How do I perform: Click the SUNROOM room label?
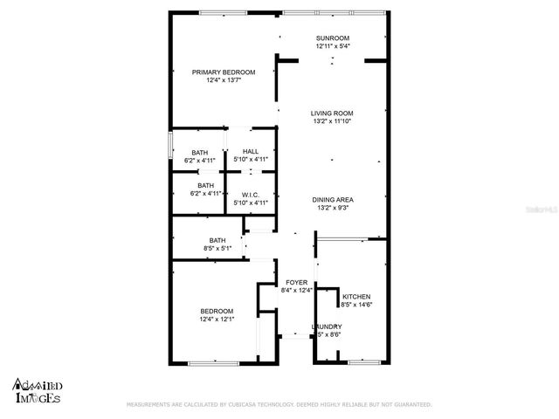click(x=333, y=38)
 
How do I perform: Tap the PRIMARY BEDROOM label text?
click(x=224, y=72)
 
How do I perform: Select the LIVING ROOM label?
click(x=332, y=113)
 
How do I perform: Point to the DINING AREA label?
click(x=333, y=200)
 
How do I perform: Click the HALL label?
click(x=251, y=152)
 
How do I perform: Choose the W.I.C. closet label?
click(x=251, y=195)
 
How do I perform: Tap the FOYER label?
click(x=297, y=283)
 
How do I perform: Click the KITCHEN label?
click(x=357, y=297)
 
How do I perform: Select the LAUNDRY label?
click(x=326, y=326)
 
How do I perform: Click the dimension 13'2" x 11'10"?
click(x=332, y=121)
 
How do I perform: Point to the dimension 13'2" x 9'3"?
click(x=333, y=209)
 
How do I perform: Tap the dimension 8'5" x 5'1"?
click(x=217, y=248)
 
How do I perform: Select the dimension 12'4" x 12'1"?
click(x=217, y=319)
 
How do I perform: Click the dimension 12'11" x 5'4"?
click(x=333, y=46)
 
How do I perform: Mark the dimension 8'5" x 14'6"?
click(x=357, y=305)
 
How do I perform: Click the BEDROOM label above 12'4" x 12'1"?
click(x=217, y=312)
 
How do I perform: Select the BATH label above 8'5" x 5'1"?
click(x=217, y=240)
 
